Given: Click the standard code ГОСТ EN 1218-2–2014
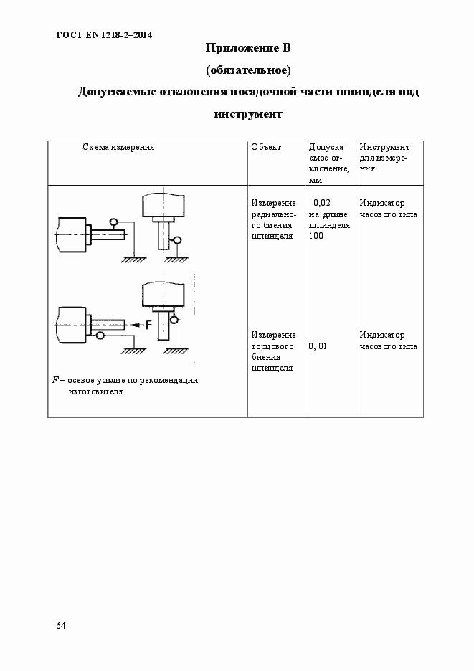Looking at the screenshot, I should pos(104,34).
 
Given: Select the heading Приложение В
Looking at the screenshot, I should pos(247,49).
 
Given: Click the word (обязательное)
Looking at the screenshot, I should pos(247,70).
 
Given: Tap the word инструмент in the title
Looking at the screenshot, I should pos(248,114).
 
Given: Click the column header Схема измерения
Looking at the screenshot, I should pos(118,147).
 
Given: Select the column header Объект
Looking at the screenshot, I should pos(266,147).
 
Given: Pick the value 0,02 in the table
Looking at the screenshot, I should pos(322,203).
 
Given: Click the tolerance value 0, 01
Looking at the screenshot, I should pos(318,346).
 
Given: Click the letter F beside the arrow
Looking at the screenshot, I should pos(148,325).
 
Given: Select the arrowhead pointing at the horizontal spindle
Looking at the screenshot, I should pos(133,325).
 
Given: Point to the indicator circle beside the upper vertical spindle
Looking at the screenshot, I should pos(177,240).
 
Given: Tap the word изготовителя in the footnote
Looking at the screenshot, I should pos(96,392).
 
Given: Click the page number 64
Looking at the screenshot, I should pos(60,626).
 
